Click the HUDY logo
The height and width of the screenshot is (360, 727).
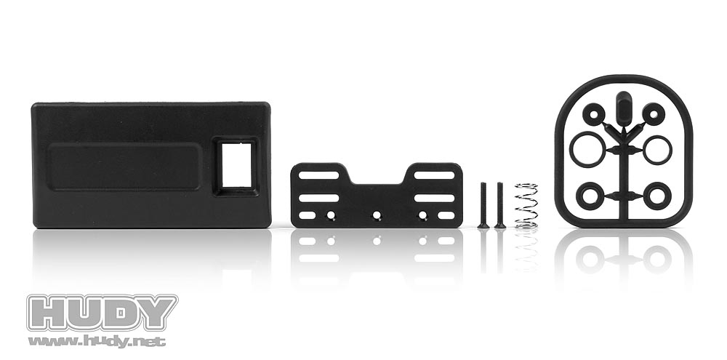pos(102,313)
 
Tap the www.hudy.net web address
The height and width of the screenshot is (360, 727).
pos(97,342)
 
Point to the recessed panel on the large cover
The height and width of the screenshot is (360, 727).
pos(125,166)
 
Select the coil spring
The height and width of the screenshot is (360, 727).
pos(526,206)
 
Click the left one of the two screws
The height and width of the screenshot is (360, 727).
pos(483,205)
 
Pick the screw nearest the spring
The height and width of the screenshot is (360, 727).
pos(500,205)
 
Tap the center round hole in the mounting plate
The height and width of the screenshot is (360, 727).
pos(377,215)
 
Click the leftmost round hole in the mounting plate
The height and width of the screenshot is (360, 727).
pos(331,215)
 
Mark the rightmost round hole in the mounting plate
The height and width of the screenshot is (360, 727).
pos(423,215)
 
